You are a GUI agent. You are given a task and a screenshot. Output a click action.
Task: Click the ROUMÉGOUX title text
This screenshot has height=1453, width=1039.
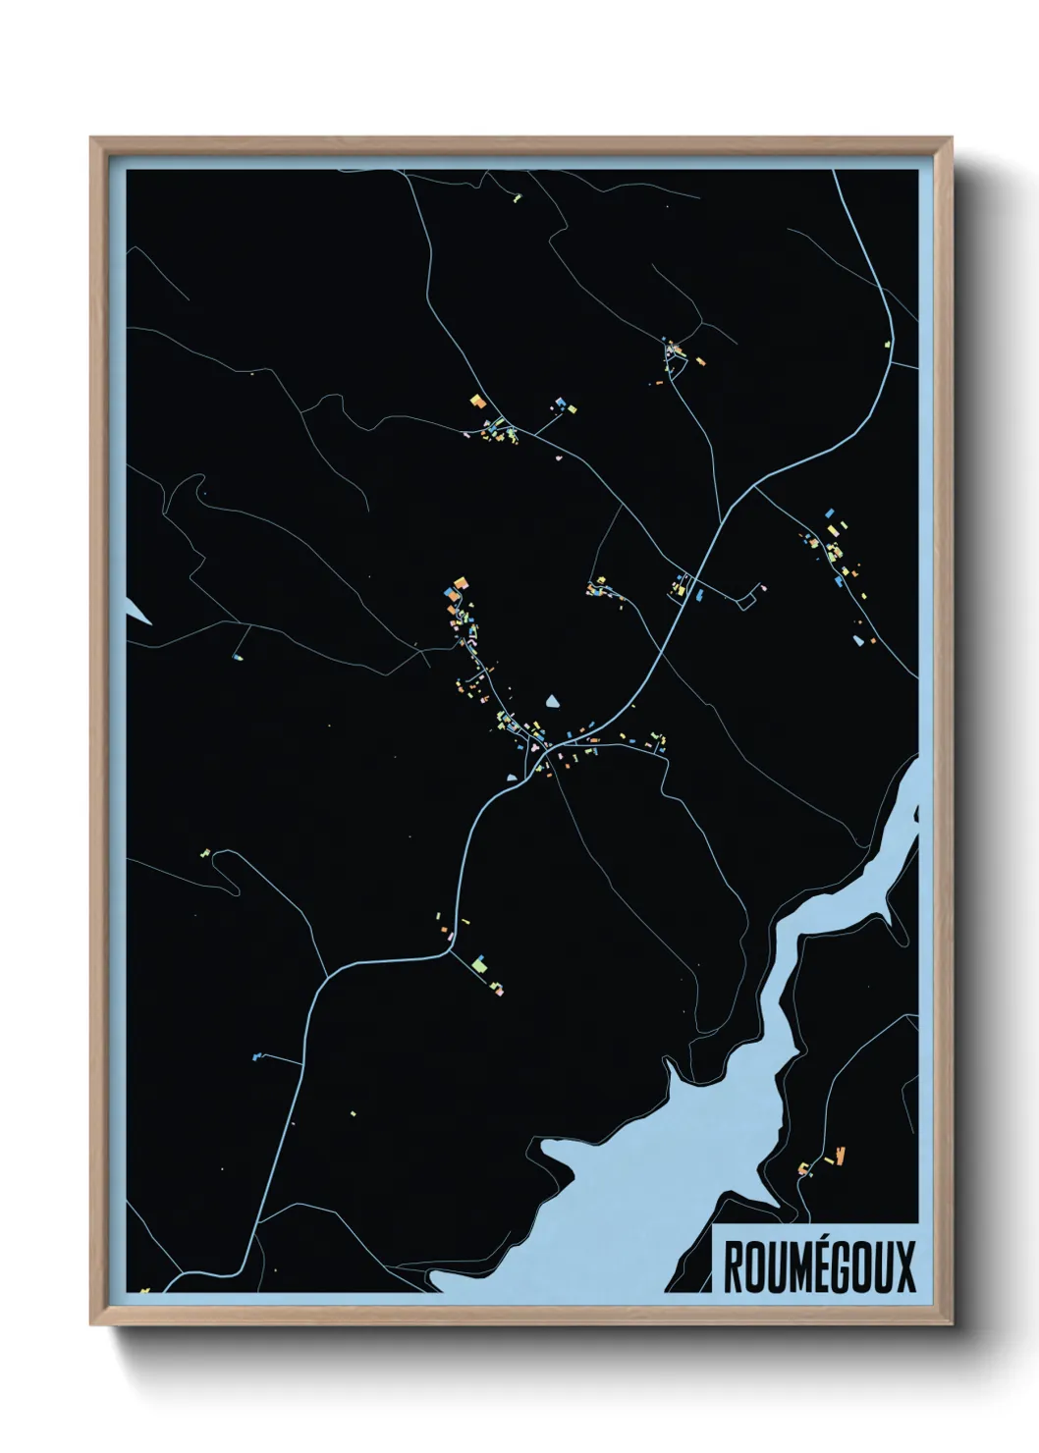tap(819, 1266)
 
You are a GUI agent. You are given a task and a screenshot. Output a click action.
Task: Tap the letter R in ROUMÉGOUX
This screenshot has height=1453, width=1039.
tap(733, 1266)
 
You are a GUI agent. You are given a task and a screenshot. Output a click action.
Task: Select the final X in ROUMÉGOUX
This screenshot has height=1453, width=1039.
tap(904, 1266)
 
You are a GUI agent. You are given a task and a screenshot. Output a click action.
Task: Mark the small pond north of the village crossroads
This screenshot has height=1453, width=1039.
tap(554, 702)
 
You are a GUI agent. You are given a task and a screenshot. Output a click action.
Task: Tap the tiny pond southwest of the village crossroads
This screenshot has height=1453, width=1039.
tap(512, 778)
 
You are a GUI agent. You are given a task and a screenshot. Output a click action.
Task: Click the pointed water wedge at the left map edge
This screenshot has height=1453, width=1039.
tap(137, 610)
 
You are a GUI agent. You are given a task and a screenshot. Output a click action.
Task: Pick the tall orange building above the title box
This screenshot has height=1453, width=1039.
tap(840, 1155)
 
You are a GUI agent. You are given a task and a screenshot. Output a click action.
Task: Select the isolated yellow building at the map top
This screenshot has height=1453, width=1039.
tap(517, 197)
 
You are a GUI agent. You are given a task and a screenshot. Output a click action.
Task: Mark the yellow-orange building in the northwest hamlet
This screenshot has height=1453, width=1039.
tap(477, 401)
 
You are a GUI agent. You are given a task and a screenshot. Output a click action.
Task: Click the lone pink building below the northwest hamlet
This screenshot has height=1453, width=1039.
tap(558, 457)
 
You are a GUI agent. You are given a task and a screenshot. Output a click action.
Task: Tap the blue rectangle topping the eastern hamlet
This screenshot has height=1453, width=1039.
tap(830, 513)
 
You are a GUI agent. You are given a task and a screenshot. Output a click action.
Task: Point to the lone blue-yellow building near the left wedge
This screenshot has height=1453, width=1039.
tap(238, 656)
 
